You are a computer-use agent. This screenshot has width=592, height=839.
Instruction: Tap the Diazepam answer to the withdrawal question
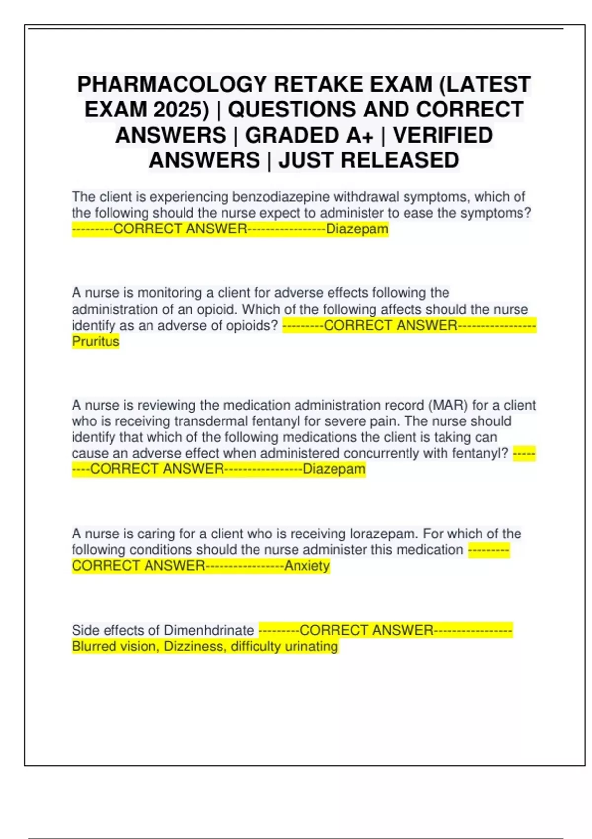coord(357,229)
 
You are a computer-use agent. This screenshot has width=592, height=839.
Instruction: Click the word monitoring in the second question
coord(169,293)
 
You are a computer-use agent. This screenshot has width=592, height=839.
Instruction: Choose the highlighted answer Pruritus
coord(96,341)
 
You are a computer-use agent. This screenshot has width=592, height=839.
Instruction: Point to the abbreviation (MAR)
coord(447,405)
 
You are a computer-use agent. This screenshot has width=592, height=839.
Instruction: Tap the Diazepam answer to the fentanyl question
coord(334,469)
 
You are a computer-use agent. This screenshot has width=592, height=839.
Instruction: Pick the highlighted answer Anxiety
coord(306,566)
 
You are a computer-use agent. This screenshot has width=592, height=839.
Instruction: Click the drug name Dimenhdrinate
coord(208,630)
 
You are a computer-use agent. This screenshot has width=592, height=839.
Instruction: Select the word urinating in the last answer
coord(312,646)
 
